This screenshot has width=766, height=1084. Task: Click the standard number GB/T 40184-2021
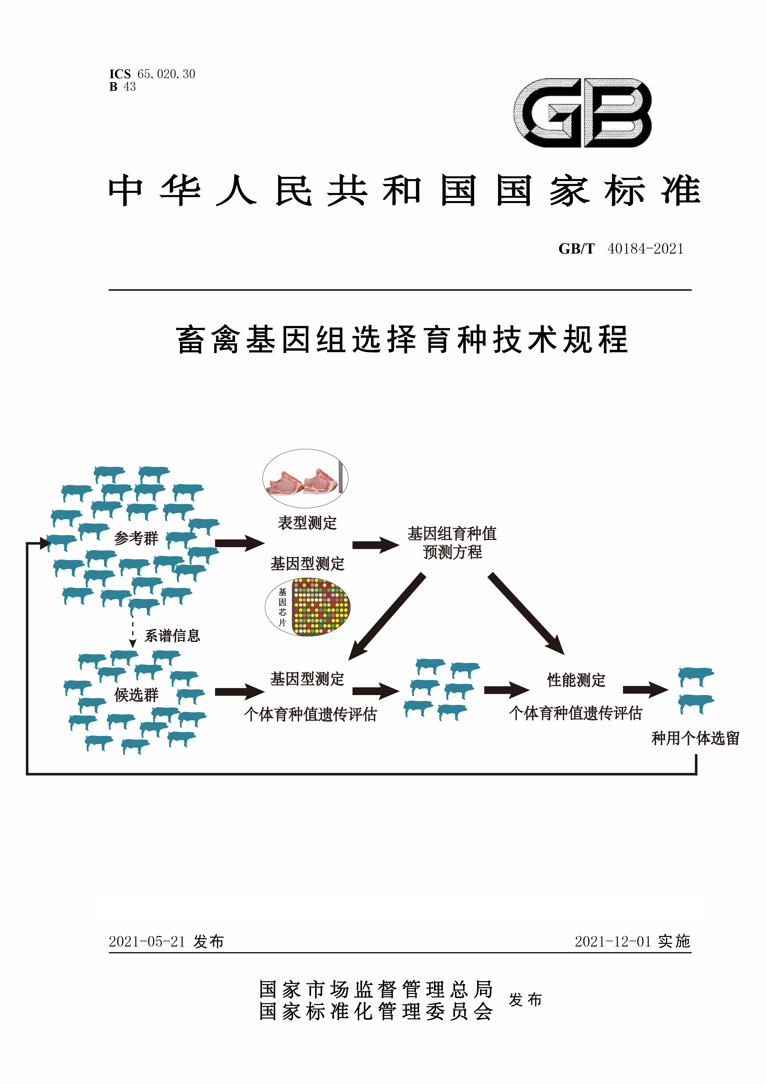[x=621, y=249]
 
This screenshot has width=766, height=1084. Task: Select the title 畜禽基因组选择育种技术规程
[x=402, y=340]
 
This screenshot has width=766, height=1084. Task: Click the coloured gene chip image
[x=320, y=607]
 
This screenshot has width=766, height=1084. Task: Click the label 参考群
[x=136, y=538]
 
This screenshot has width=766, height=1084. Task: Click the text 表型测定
[x=307, y=523]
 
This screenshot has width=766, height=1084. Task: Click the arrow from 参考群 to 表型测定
[x=239, y=543]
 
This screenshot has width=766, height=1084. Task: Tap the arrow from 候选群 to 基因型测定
[x=239, y=692]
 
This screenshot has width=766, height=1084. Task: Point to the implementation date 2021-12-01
[x=612, y=941]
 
